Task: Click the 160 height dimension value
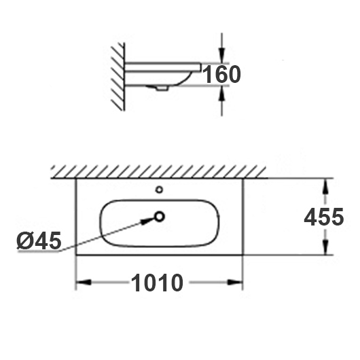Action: [222, 75]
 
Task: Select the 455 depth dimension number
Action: [324, 217]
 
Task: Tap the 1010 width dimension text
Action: [157, 283]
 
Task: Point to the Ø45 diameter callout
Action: [39, 240]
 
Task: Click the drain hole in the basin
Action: [160, 217]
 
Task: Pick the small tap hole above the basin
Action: [160, 190]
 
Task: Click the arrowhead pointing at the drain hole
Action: [147, 221]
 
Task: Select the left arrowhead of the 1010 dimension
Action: [84, 282]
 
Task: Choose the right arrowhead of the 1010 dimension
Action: [235, 282]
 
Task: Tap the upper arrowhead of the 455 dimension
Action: [325, 187]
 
